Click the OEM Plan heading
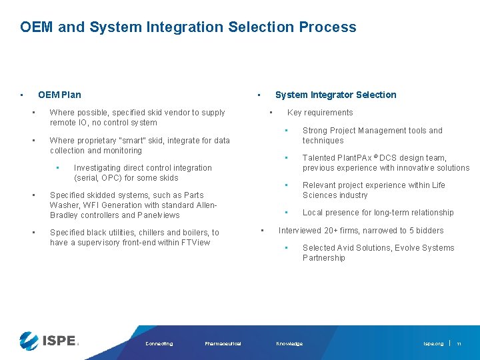(59, 95)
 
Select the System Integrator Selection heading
(335, 95)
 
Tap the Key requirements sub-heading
(320, 113)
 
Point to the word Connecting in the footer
(159, 344)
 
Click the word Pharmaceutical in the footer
(223, 344)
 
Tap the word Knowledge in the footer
(289, 344)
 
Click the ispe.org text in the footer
(433, 344)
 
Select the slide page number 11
(459, 344)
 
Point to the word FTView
(195, 243)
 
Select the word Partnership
(324, 258)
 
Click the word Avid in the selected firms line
(350, 248)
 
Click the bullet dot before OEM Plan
(22, 95)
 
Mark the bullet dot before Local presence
(286, 213)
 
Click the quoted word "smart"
(130, 141)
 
